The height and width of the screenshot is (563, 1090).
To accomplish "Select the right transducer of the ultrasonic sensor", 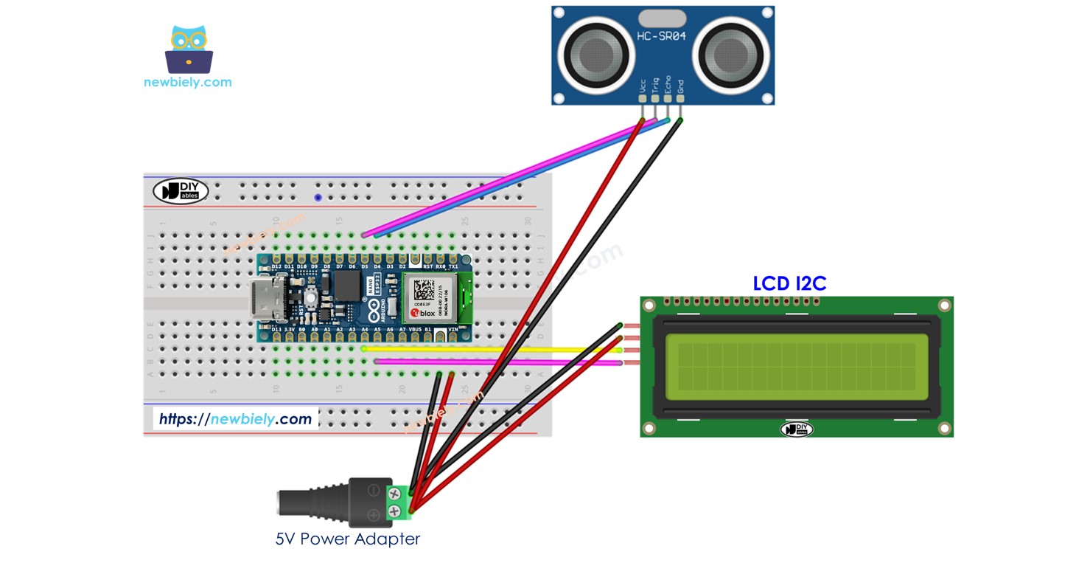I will point(730,54).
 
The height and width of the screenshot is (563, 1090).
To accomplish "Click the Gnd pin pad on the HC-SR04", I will point(680,99).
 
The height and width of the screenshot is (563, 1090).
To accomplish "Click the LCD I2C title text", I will point(789,283).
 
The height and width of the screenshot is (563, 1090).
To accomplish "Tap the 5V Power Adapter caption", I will point(347,539).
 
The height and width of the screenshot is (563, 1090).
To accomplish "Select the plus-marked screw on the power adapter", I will point(394,511).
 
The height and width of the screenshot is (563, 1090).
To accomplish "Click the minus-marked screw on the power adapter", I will point(394,491).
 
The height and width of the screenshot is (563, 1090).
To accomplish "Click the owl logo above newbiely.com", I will point(189,49).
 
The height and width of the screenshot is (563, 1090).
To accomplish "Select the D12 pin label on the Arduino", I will point(276,266).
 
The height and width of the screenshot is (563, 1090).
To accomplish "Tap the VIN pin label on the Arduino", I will point(453,330).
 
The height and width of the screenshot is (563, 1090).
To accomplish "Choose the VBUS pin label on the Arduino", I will point(415,330).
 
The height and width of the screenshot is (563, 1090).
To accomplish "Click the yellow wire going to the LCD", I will point(501,348).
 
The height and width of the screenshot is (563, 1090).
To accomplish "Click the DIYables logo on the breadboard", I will point(181,191).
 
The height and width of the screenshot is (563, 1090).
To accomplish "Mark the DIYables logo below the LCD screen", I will point(796,429).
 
